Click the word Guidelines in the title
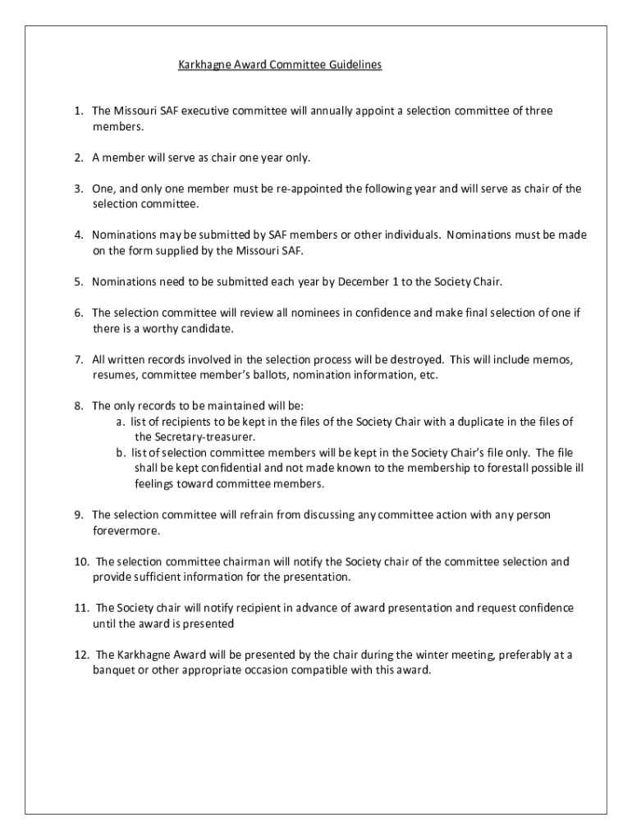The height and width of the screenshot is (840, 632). (355, 64)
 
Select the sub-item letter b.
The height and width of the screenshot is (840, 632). (120, 453)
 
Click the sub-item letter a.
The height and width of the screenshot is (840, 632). (120, 422)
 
